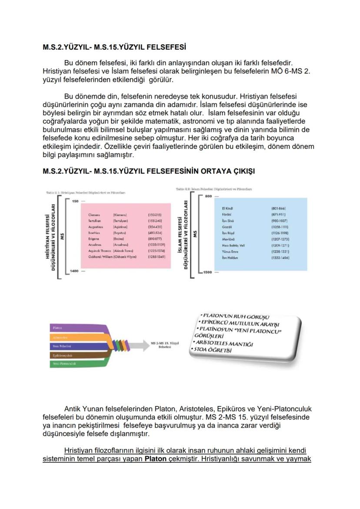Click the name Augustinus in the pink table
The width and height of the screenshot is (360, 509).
click(x=95, y=227)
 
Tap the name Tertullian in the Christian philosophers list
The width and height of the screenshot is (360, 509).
click(x=94, y=221)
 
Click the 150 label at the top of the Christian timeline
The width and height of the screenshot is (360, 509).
click(x=75, y=201)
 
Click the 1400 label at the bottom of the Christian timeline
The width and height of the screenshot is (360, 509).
click(x=75, y=271)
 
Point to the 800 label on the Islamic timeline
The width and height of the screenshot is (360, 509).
click(x=208, y=196)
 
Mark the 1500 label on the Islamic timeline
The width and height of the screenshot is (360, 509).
click(x=208, y=272)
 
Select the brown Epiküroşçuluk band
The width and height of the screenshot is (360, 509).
click(x=65, y=355)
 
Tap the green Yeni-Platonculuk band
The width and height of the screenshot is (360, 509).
click(x=65, y=363)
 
